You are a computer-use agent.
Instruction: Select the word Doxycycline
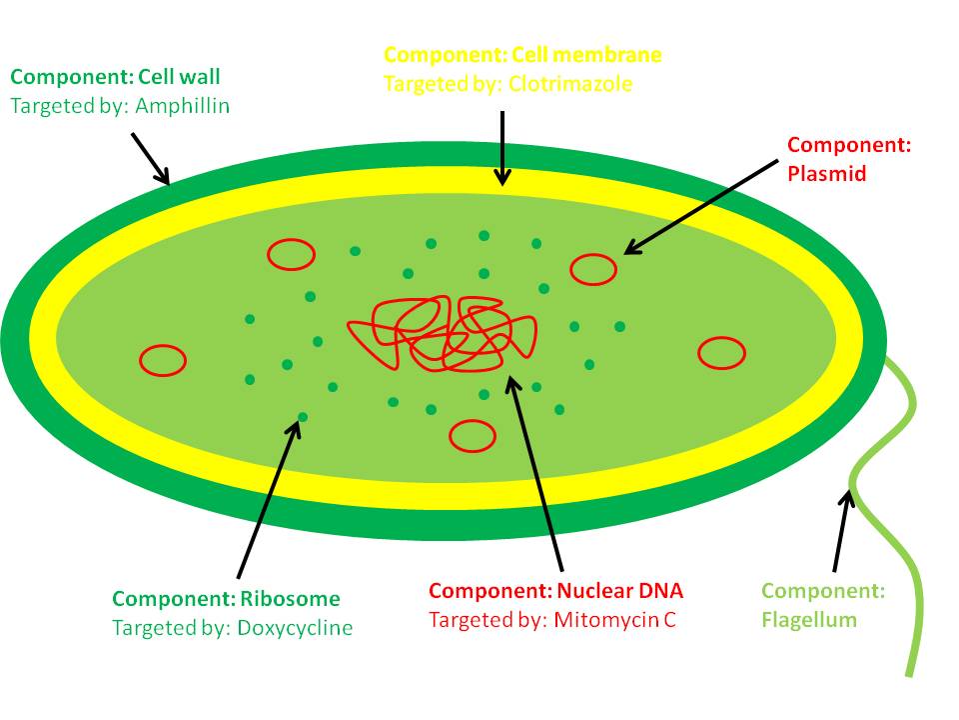click(x=295, y=628)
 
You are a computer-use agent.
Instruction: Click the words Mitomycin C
click(x=612, y=619)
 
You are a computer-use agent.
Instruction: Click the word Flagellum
click(x=809, y=619)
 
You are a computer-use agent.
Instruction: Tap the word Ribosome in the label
click(x=290, y=599)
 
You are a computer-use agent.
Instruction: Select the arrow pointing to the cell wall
click(x=150, y=159)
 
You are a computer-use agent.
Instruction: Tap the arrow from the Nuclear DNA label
click(x=536, y=470)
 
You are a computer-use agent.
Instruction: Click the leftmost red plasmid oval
click(x=162, y=361)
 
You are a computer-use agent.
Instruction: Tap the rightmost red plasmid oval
click(x=721, y=352)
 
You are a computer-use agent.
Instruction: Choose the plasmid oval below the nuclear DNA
click(x=472, y=435)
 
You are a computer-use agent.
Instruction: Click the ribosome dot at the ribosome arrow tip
click(x=303, y=416)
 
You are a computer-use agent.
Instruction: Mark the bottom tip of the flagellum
click(x=911, y=674)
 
